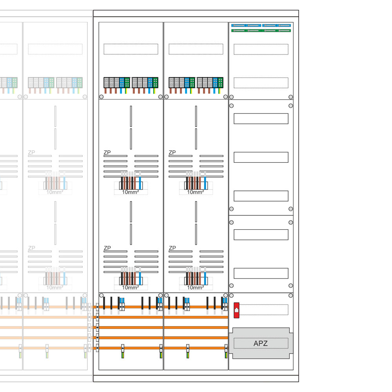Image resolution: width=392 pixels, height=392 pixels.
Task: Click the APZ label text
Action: coord(261,344)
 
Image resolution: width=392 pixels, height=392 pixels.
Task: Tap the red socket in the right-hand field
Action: coord(236,309)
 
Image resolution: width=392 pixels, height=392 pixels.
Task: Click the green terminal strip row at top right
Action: coord(261,30)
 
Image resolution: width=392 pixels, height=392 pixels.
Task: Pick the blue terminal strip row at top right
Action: coord(261,25)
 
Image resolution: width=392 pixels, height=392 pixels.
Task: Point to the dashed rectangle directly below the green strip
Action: coord(261,49)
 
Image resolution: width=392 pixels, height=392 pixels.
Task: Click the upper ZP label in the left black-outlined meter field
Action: coord(107,152)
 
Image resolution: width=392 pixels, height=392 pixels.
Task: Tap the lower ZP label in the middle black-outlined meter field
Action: coord(172,248)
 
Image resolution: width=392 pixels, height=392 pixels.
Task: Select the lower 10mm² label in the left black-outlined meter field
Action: coord(130,287)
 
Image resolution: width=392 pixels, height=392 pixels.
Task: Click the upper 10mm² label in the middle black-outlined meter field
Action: coord(195,192)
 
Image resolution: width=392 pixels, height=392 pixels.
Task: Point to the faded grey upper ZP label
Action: coord(31,152)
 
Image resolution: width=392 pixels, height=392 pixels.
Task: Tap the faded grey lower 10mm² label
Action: coord(55,287)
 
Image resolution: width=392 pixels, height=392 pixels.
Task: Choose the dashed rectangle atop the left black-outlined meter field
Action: coord(131,49)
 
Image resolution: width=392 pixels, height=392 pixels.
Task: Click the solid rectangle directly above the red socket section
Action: coord(261,273)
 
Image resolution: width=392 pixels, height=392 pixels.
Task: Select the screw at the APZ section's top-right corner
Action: coord(290,295)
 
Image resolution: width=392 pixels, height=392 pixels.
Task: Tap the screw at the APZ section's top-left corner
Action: coord(231,295)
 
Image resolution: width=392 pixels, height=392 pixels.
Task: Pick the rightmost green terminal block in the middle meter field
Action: coord(220,82)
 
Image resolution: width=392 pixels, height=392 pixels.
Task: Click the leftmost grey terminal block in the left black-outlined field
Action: coord(106,82)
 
